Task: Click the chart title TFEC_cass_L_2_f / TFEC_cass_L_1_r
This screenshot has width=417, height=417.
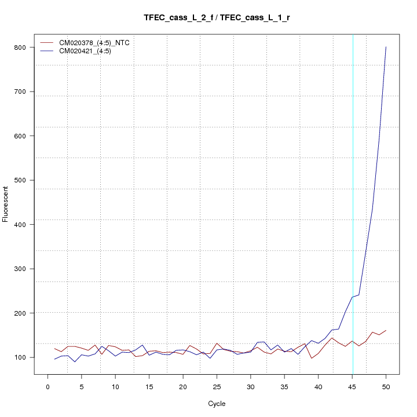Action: pyautogui.click(x=217, y=17)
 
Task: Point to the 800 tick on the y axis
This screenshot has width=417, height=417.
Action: pyautogui.click(x=33, y=47)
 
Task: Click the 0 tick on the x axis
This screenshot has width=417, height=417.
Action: pyautogui.click(x=47, y=375)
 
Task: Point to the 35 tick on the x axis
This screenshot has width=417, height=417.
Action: pyautogui.click(x=284, y=375)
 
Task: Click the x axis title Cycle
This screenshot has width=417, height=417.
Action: pyautogui.click(x=217, y=404)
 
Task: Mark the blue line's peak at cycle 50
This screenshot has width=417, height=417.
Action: pyautogui.click(x=386, y=47)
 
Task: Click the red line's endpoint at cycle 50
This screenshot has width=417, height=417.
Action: pyautogui.click(x=386, y=330)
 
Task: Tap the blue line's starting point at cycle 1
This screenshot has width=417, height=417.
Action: pyautogui.click(x=54, y=359)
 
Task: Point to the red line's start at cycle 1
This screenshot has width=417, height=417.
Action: pyautogui.click(x=54, y=348)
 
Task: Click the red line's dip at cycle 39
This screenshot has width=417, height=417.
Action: pyautogui.click(x=312, y=358)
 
